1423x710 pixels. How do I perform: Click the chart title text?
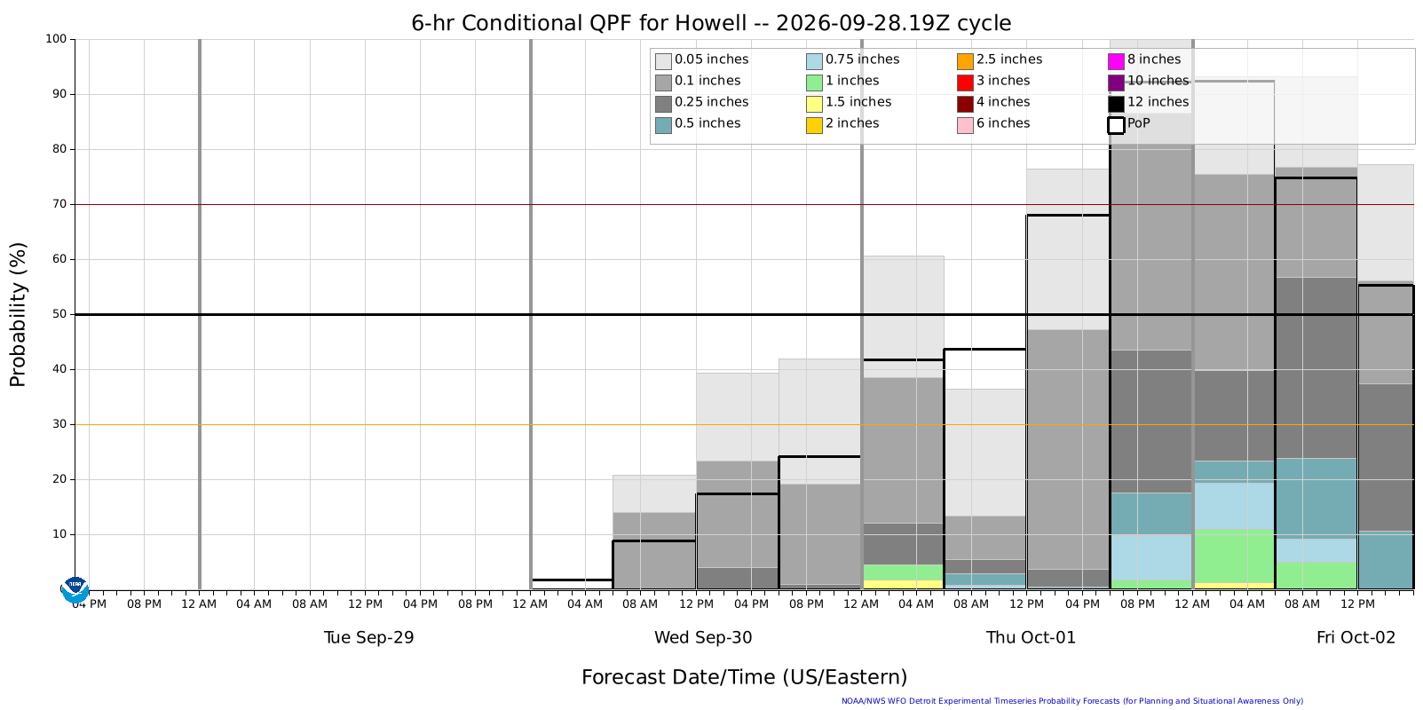(x=711, y=23)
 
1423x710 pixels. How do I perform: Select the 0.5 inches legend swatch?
(x=663, y=125)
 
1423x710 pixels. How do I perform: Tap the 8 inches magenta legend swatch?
(x=1116, y=61)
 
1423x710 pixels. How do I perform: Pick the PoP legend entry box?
(x=1116, y=125)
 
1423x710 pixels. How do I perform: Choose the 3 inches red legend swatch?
(x=965, y=83)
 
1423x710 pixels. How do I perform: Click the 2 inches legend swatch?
(x=814, y=125)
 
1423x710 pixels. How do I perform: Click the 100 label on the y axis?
(x=56, y=39)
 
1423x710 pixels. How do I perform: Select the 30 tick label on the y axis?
(x=59, y=424)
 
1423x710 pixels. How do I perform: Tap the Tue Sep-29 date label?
(x=369, y=637)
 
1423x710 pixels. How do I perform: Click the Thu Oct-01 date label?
(x=1031, y=637)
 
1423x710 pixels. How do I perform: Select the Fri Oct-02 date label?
(x=1356, y=637)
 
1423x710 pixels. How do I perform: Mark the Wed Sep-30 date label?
(x=703, y=637)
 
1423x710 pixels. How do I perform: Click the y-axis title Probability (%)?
(x=18, y=314)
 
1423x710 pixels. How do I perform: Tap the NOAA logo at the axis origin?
(x=75, y=590)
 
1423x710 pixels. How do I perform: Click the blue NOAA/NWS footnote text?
(x=1072, y=701)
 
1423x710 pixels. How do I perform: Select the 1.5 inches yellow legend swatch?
(x=814, y=104)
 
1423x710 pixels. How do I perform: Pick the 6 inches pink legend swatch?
(x=965, y=125)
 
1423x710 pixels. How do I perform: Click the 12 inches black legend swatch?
(x=1116, y=104)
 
